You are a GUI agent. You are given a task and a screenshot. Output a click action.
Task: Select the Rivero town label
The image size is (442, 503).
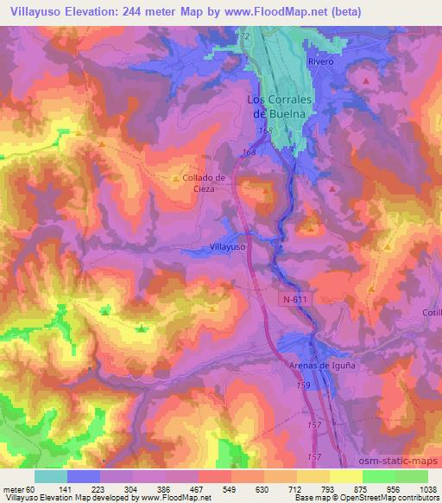pos(319,61)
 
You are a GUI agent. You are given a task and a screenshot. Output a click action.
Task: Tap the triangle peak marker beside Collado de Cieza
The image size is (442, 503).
pos(177,179)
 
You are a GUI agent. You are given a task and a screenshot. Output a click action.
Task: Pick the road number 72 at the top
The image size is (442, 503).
pos(245,35)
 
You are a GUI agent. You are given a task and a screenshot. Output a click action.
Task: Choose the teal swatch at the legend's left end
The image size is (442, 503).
pos(51,476)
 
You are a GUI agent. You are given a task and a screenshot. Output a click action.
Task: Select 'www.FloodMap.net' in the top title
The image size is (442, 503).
pos(277,12)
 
